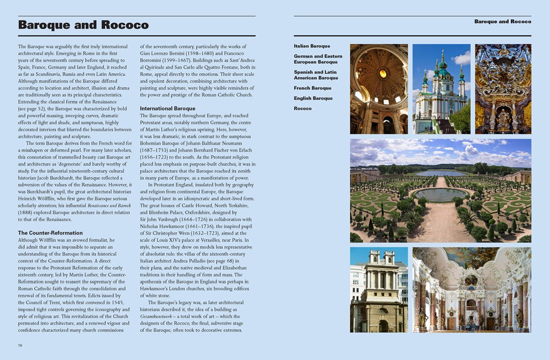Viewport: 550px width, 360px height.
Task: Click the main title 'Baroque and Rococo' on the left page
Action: [83, 25]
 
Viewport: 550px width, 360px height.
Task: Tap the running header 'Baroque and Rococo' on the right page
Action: [503, 21]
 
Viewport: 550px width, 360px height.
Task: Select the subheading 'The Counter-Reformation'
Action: [51, 233]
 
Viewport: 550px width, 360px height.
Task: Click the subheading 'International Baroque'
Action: [168, 108]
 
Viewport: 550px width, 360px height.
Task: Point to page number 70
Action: [20, 345]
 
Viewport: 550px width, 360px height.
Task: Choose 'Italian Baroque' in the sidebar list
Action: [312, 46]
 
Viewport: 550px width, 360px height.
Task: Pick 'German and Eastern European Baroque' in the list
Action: [318, 59]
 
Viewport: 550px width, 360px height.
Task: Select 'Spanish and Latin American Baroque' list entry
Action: [316, 75]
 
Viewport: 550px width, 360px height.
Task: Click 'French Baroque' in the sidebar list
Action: [312, 88]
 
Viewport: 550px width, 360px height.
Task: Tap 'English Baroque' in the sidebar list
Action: [313, 99]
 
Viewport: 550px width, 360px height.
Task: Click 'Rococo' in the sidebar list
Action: [302, 108]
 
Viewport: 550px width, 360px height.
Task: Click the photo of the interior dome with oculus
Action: [379, 89]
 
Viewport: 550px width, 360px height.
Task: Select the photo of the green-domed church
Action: [441, 89]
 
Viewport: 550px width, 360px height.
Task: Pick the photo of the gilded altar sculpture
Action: [503, 89]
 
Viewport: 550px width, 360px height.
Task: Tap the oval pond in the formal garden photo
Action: [440, 194]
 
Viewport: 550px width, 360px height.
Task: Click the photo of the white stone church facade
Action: [379, 290]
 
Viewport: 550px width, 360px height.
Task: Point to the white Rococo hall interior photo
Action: [472, 290]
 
